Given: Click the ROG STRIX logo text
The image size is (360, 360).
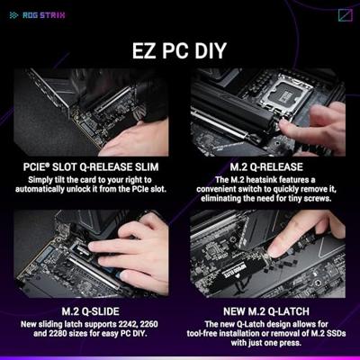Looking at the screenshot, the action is [x=44, y=15].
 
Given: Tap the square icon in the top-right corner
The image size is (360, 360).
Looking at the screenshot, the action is [x=346, y=15].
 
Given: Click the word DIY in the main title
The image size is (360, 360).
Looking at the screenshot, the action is [x=211, y=50].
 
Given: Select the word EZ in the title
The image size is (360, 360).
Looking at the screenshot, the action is [x=145, y=50].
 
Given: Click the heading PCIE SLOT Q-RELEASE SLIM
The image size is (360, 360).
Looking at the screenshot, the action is [x=91, y=166].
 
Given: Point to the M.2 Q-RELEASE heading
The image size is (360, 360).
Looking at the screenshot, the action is [x=266, y=166].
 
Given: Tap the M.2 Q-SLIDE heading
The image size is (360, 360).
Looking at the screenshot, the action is [x=90, y=311].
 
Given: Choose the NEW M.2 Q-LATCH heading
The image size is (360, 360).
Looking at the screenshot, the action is [x=266, y=311].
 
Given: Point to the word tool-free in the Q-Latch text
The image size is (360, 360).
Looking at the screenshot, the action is [x=202, y=333].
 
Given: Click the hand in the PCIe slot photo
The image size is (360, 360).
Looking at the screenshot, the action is [x=134, y=140].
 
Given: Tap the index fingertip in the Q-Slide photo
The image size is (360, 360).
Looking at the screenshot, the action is [x=94, y=246].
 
